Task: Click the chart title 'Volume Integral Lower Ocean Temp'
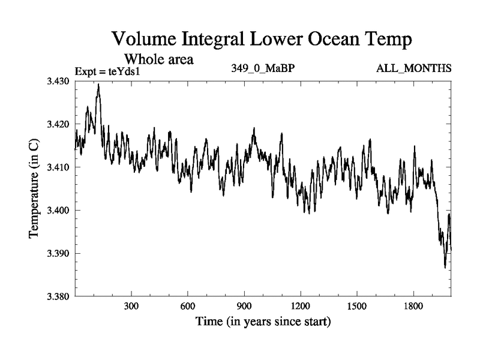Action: [x=262, y=41]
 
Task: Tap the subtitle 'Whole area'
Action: [x=159, y=59]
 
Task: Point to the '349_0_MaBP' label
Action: [x=263, y=68]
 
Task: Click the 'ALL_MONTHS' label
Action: [x=413, y=68]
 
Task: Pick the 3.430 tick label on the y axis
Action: [x=58, y=81]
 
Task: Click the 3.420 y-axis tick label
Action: [x=58, y=124]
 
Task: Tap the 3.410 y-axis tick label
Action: [x=58, y=167]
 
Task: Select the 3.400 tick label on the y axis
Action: [x=58, y=211]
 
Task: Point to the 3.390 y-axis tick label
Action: [x=58, y=254]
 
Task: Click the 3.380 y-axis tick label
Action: [x=58, y=296]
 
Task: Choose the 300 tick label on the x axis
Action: [x=131, y=305]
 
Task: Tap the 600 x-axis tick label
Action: [x=188, y=305]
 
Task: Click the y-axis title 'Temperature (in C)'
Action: [x=34, y=188]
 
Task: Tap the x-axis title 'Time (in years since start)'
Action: [x=263, y=322]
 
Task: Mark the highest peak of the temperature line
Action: [x=98, y=85]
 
